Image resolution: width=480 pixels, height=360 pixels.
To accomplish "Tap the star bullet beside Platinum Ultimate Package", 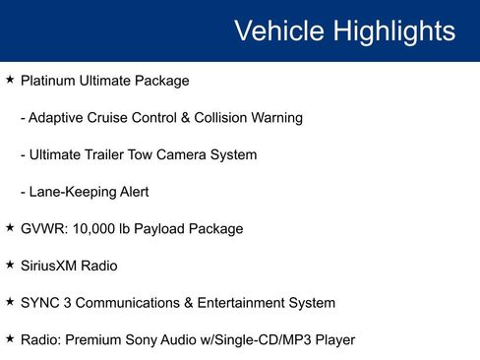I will click(10, 79).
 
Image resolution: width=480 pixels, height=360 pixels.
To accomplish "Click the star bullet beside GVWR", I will click(10, 227).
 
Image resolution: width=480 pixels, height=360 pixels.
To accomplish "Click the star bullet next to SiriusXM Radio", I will click(10, 264).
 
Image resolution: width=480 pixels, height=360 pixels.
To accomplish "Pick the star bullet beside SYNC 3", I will click(10, 301).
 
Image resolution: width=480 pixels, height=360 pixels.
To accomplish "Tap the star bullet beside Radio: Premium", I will click(10, 338).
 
